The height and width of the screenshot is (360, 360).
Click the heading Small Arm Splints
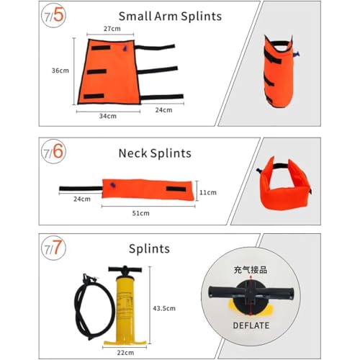click(170, 17)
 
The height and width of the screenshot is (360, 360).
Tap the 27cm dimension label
click(112, 29)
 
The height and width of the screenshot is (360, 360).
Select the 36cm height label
click(60, 71)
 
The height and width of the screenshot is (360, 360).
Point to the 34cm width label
click(108, 116)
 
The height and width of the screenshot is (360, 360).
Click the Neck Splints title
click(155, 153)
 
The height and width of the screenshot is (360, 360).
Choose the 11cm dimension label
click(208, 192)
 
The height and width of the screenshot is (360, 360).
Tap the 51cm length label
click(141, 213)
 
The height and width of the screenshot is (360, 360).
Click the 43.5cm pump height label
click(164, 308)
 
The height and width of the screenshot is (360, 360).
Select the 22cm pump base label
click(125, 353)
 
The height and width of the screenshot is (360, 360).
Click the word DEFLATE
click(251, 325)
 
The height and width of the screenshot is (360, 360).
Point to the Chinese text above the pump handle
click(251, 270)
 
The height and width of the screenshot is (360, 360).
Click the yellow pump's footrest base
click(125, 343)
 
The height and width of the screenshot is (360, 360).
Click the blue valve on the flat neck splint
click(112, 185)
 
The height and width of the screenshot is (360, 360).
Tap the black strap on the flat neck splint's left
click(81, 189)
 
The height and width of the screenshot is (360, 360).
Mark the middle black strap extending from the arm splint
click(158, 71)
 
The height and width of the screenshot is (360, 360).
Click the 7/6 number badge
click(53, 151)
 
